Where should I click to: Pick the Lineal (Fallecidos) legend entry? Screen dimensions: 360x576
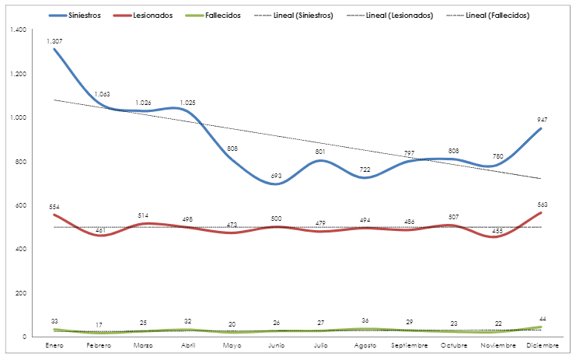pyautogui.click(x=497, y=15)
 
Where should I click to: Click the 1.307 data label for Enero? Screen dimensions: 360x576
pyautogui.click(x=54, y=40)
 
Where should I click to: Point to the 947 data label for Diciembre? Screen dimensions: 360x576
pyautogui.click(x=542, y=120)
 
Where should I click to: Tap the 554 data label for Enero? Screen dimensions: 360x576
pyautogui.click(x=54, y=207)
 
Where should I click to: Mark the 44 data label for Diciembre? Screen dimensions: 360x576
pyautogui.click(x=542, y=320)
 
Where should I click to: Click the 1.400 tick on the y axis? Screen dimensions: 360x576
pyautogui.click(x=16, y=30)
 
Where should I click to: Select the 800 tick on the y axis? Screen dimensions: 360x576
pyautogui.click(x=19, y=162)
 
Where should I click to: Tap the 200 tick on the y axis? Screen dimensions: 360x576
pyautogui.click(x=19, y=293)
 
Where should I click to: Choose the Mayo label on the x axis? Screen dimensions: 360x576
pyautogui.click(x=232, y=344)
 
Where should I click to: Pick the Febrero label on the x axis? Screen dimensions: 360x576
pyautogui.click(x=99, y=344)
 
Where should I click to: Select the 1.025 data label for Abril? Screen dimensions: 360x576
pyautogui.click(x=188, y=103)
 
